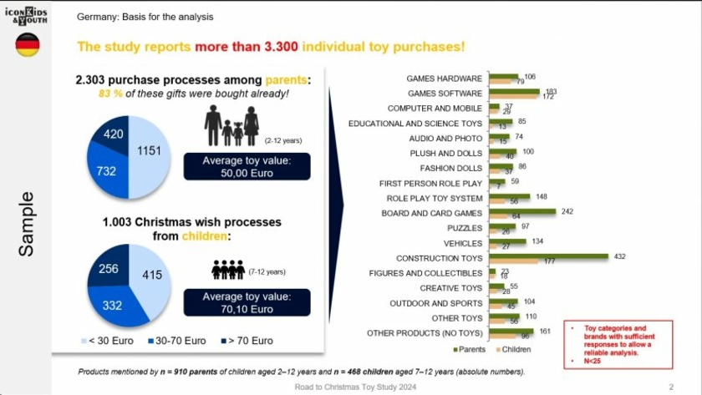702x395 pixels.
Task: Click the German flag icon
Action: click(x=28, y=45)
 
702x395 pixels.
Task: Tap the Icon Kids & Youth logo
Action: click(x=28, y=15)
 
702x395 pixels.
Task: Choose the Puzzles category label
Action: click(x=465, y=228)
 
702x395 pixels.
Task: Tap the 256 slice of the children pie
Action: click(x=109, y=269)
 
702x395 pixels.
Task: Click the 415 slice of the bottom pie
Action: click(x=150, y=274)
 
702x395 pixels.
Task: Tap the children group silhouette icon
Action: click(x=226, y=270)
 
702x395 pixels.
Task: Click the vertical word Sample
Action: click(x=26, y=223)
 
